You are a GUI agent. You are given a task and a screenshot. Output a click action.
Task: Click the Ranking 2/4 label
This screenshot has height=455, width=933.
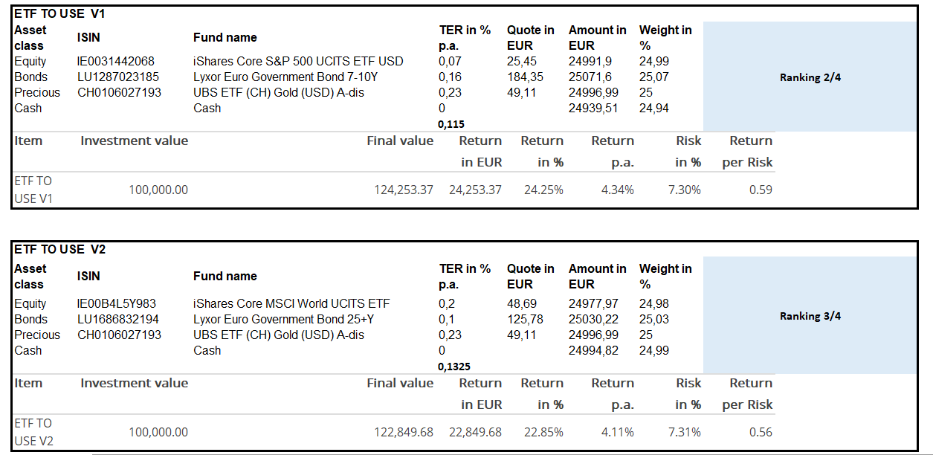[x=810, y=77]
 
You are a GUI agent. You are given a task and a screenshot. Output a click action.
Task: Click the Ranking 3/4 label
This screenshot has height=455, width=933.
[x=810, y=316]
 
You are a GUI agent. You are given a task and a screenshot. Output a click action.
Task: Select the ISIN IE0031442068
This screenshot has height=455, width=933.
[x=116, y=61]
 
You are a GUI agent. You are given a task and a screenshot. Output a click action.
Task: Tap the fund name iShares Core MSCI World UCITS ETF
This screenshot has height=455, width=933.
[x=291, y=303]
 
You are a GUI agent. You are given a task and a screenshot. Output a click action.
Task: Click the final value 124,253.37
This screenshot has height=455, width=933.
[x=403, y=190]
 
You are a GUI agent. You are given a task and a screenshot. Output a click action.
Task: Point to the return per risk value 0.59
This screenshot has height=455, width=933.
[x=761, y=190]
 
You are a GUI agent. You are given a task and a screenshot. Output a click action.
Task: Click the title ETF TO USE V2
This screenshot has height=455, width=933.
[x=60, y=249]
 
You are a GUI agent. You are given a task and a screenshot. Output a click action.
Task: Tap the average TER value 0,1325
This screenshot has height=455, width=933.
[x=454, y=367]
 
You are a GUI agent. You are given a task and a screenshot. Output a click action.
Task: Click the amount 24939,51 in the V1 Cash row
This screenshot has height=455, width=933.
[x=593, y=108]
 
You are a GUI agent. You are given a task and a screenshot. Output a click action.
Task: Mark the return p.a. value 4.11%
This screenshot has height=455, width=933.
[x=617, y=432]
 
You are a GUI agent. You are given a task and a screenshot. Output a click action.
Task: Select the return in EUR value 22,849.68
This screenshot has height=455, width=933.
[x=475, y=432]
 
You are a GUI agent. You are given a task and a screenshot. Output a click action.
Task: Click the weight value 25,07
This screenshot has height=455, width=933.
[x=654, y=77]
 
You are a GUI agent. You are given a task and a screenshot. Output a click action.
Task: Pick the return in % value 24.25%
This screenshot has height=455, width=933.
[x=543, y=190]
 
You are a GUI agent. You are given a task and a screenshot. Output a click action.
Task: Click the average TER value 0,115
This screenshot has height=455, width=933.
[x=451, y=124]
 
